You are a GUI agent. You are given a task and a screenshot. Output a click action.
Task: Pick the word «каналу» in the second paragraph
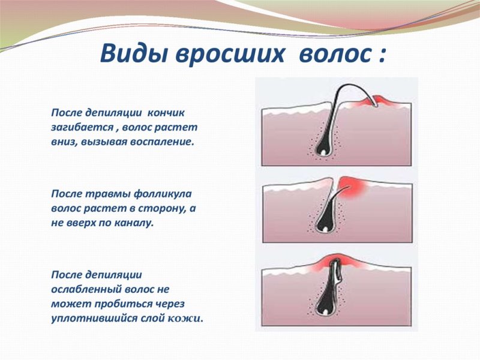tap(136, 223)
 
